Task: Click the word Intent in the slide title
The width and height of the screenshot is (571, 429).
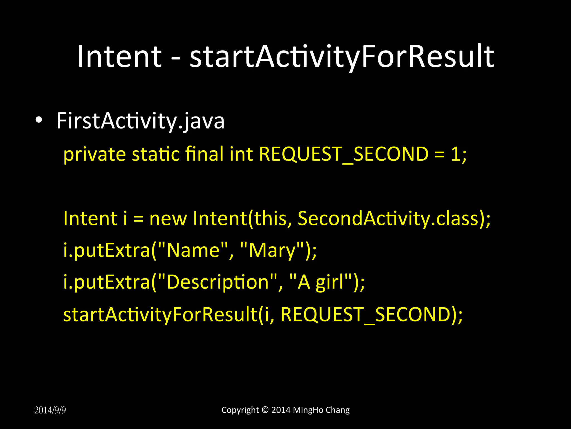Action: pos(119,57)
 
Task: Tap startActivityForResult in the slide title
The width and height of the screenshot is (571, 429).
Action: pos(342,57)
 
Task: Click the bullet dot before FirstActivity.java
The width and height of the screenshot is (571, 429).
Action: pos(39,120)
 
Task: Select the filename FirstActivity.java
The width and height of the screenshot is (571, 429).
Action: pos(140,121)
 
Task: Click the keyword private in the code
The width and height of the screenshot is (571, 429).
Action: pos(95,154)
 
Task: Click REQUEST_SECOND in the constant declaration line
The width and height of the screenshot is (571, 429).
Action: pos(343,154)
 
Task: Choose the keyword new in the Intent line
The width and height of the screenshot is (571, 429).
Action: pos(168,218)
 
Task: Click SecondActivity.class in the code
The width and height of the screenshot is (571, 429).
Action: pos(388,218)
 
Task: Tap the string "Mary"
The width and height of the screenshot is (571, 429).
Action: pos(272,251)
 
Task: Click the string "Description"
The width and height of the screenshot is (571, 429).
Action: pos(217,282)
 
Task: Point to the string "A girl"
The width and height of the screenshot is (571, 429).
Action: pos(320,282)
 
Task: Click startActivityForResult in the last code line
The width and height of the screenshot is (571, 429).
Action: pos(160,314)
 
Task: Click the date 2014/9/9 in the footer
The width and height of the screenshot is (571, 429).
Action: pos(50,410)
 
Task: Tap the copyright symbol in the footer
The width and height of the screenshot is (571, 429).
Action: pos(265,410)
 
